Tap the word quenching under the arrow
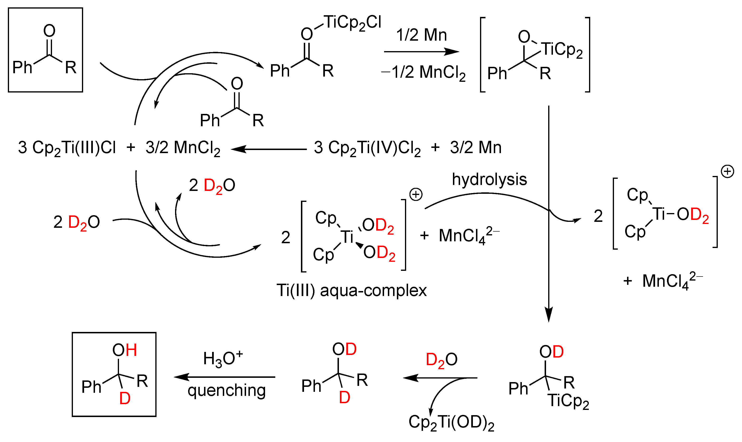pos(226,390)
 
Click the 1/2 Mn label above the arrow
pos(421,35)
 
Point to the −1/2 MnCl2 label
pos(423,72)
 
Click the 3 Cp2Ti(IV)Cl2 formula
pos(367,148)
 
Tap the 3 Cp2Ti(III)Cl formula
pos(67,148)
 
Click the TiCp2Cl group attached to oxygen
pos(352,23)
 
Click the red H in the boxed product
pos(131,350)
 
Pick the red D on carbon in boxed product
pos(125,398)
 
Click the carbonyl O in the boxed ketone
pos(49,31)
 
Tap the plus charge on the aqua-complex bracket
pos(416,195)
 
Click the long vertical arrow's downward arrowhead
pos(548,316)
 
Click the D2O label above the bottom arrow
pos(442,360)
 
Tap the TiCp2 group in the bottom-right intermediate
pos(568,401)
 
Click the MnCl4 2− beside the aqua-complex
pos(469,235)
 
